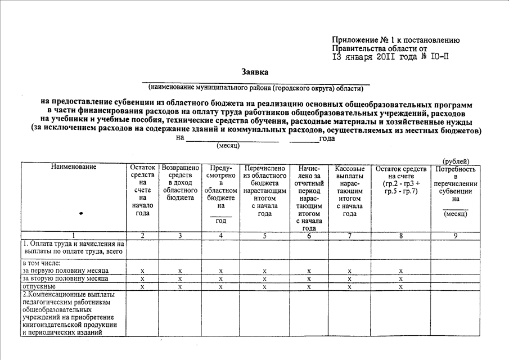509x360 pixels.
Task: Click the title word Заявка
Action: [255, 72]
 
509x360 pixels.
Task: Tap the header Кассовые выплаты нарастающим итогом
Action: [349, 191]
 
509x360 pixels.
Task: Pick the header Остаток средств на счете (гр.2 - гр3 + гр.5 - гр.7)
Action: [401, 180]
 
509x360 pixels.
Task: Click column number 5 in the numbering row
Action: [264, 235]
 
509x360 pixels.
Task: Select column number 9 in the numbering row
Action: [456, 235]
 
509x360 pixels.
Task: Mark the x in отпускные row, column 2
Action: [142, 287]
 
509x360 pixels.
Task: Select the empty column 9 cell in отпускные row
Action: [456, 286]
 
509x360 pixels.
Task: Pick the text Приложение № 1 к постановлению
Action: [397, 40]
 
